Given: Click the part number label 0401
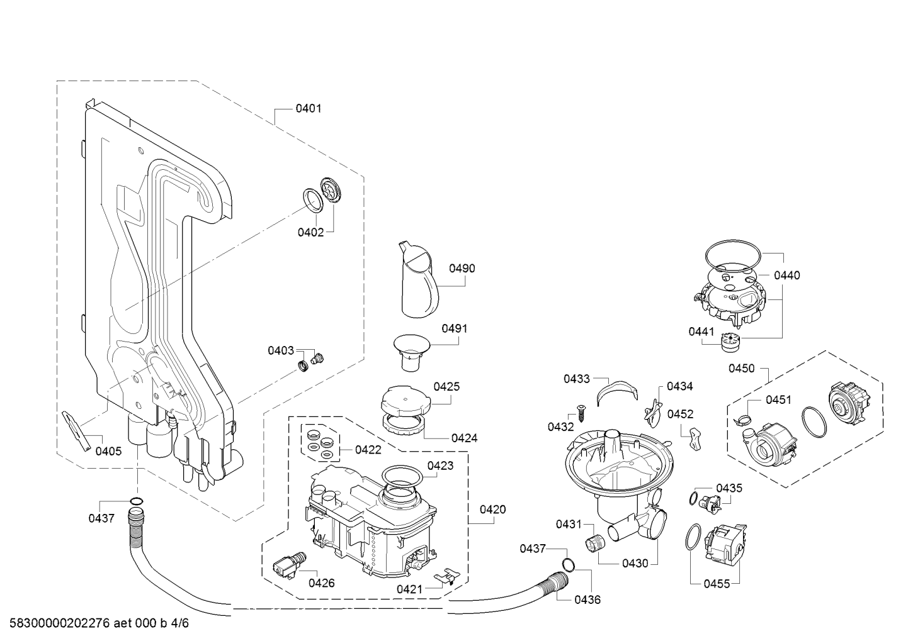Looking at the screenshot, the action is pos(308,109).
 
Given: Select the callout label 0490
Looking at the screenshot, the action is pos(462,269).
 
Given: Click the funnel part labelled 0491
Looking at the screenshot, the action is pos(411,352).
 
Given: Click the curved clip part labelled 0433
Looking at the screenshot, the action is pos(617,392).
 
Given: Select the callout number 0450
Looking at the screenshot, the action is pos(741,369).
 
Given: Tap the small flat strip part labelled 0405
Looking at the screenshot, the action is pos(76,431).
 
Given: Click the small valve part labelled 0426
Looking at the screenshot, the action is pos(289,564).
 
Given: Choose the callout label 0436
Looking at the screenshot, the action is pos(587,599).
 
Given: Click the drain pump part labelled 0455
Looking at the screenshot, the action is pos(725,545).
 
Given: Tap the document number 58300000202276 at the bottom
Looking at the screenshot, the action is pos(60,623).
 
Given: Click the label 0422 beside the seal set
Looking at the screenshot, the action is pos(368,450).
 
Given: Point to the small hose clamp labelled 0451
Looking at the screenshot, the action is pos(741,420).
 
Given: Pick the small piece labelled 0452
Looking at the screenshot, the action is pos(696,438).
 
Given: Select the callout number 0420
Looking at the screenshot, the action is pos(493,510).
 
